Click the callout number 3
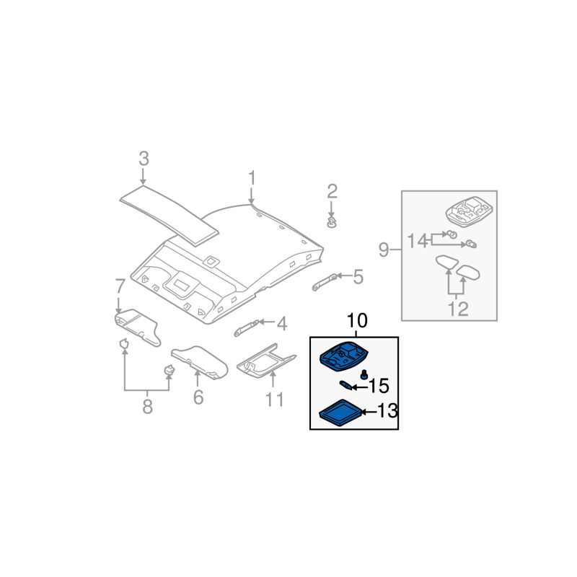(x=144, y=159)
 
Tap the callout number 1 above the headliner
(x=252, y=178)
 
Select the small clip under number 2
(x=332, y=222)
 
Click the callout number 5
(x=358, y=277)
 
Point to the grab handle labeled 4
(x=247, y=328)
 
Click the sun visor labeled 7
(x=138, y=327)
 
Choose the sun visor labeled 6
(x=200, y=363)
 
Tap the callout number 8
(x=148, y=407)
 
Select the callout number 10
(x=357, y=320)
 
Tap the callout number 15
(x=379, y=386)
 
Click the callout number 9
(x=384, y=250)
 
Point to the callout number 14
(x=418, y=242)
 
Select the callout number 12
(x=458, y=309)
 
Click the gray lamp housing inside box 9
(x=469, y=211)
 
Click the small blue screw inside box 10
(x=364, y=374)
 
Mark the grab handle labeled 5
(x=324, y=282)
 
